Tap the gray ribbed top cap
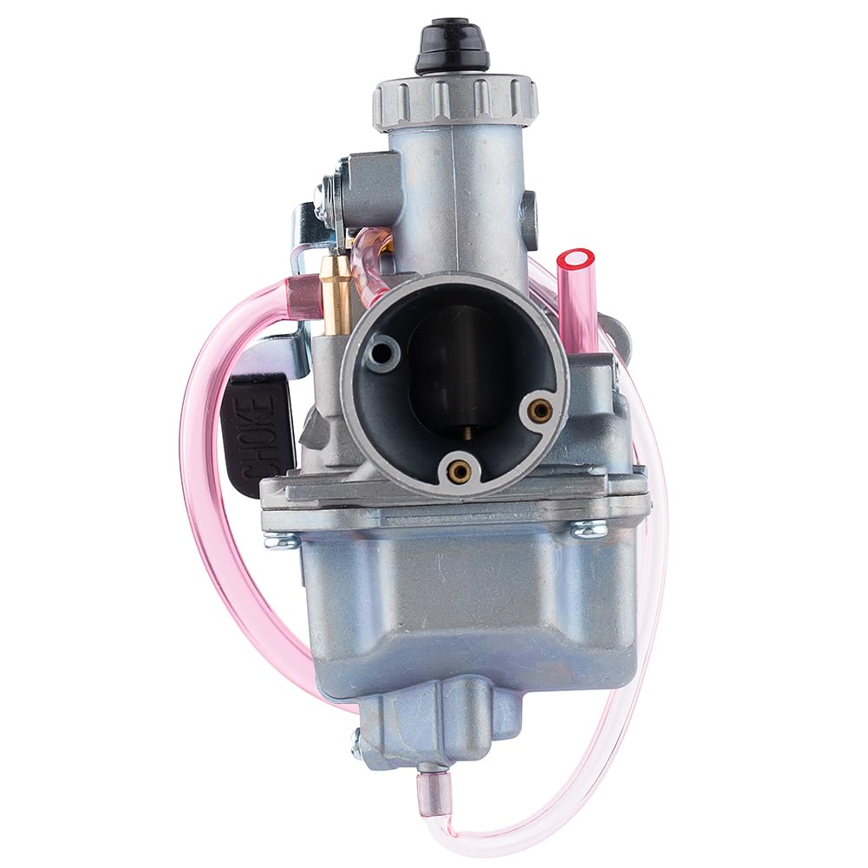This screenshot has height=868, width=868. point(454,101)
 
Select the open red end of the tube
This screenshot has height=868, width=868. point(576,259)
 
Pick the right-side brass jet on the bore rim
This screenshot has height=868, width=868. point(540,410)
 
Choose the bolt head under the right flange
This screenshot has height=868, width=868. point(590,528)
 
